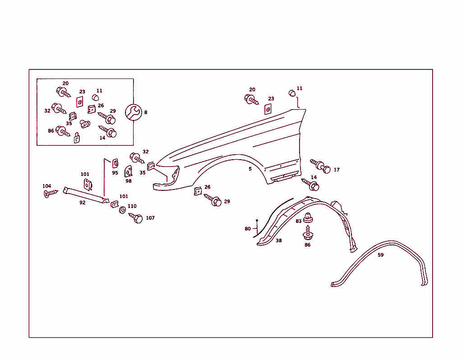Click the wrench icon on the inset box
pyautogui.click(x=134, y=112)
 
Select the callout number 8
pyautogui.click(x=146, y=112)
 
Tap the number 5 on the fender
pyautogui.click(x=250, y=169)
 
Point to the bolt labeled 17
pyautogui.click(x=320, y=166)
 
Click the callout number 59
pyautogui.click(x=381, y=255)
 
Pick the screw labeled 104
pyautogui.click(x=51, y=193)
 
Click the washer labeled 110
pyautogui.click(x=123, y=210)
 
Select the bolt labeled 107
pyautogui.click(x=136, y=218)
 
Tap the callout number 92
pyautogui.click(x=83, y=203)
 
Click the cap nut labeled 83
pyautogui.click(x=308, y=218)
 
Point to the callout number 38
pyautogui.click(x=279, y=240)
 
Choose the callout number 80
pyautogui.click(x=248, y=229)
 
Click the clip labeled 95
pyautogui.click(x=115, y=163)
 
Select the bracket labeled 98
pyautogui.click(x=128, y=171)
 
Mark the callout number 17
pyautogui.click(x=337, y=170)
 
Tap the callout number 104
pyautogui.click(x=47, y=186)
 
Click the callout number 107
pyautogui.click(x=150, y=218)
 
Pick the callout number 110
pyautogui.click(x=132, y=206)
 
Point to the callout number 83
pyautogui.click(x=299, y=221)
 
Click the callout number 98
pyautogui.click(x=129, y=181)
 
